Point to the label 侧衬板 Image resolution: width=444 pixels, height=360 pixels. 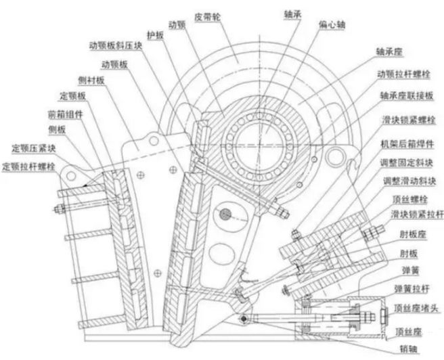click(92, 81)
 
